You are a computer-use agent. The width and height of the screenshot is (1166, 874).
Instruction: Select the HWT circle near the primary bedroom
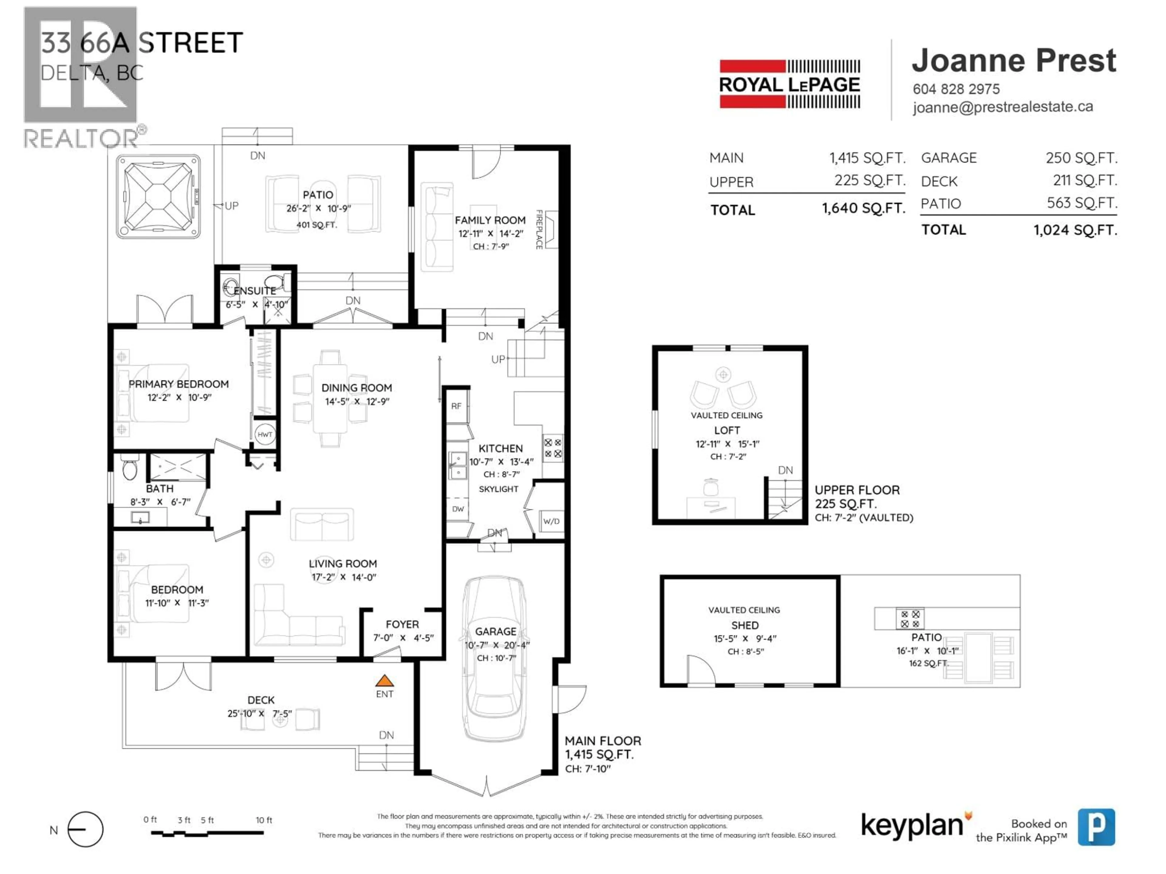[264, 435]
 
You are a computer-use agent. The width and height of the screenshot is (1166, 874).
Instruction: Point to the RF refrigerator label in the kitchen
[456, 406]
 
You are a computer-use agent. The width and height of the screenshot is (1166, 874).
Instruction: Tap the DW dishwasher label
[458, 509]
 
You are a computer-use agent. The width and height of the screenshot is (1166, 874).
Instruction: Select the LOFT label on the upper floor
[727, 430]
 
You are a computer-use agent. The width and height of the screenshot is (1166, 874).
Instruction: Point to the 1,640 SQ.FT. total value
[864, 208]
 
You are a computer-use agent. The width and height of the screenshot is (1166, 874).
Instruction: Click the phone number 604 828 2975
[956, 89]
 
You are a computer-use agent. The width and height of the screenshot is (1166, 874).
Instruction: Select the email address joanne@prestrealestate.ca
[1003, 107]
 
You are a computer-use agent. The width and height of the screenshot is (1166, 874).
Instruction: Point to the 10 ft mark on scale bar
[264, 820]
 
